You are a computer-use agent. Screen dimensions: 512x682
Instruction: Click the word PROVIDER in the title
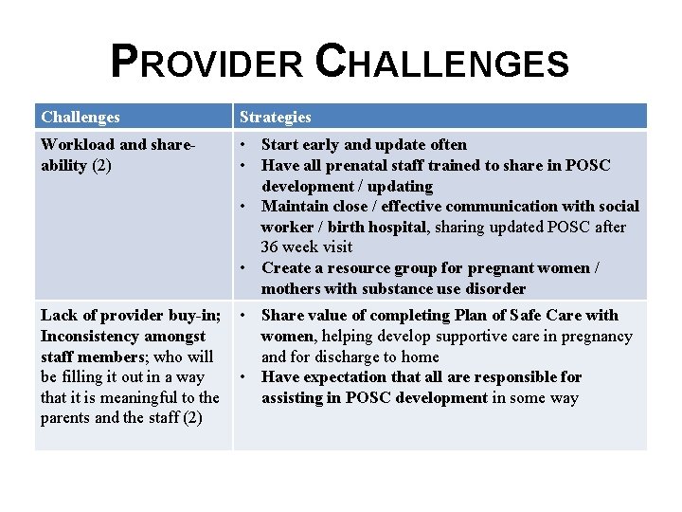(x=207, y=63)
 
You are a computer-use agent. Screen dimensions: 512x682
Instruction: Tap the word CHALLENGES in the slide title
(x=441, y=63)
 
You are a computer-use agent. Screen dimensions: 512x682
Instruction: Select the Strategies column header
(x=275, y=118)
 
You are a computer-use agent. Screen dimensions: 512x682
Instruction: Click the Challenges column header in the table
(x=81, y=118)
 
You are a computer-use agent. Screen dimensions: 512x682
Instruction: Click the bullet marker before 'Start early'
(x=244, y=145)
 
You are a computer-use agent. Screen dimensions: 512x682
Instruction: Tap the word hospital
(x=399, y=227)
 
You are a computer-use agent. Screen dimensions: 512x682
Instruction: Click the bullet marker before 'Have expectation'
(x=244, y=377)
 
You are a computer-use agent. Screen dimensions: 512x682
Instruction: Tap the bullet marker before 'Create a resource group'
(x=244, y=268)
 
